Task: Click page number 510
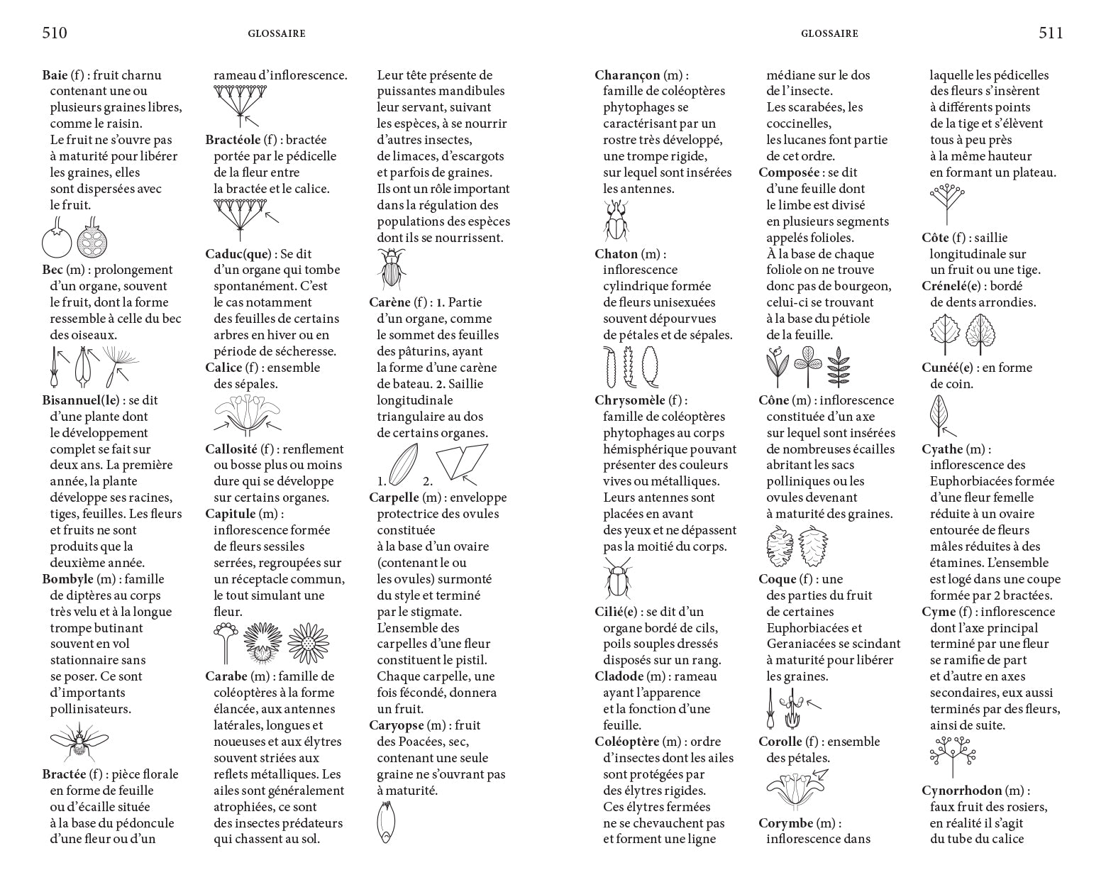tap(55, 33)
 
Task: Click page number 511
tap(1051, 33)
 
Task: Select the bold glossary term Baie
tap(55, 75)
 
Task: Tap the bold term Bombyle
tap(68, 579)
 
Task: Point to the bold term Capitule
tap(230, 514)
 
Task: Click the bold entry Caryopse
tap(397, 725)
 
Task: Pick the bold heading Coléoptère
tap(628, 742)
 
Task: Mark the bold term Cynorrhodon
tap(962, 791)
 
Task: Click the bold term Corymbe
tap(785, 823)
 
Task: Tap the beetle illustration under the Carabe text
tap(391, 268)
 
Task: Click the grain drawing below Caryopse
tap(385, 822)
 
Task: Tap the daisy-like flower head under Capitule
tap(307, 643)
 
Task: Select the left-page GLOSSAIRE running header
tap(277, 33)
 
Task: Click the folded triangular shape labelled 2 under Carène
tap(461, 463)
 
